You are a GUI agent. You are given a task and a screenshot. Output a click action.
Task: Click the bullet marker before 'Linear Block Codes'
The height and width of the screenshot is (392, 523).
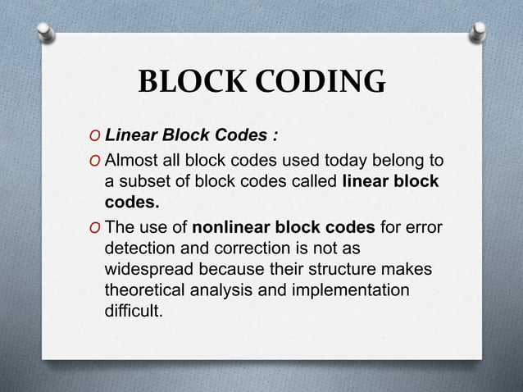[x=98, y=135]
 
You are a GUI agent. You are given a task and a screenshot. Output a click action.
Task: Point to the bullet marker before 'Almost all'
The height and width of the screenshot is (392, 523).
[x=98, y=158]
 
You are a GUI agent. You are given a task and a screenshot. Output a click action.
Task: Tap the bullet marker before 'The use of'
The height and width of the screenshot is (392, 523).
[x=98, y=227]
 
